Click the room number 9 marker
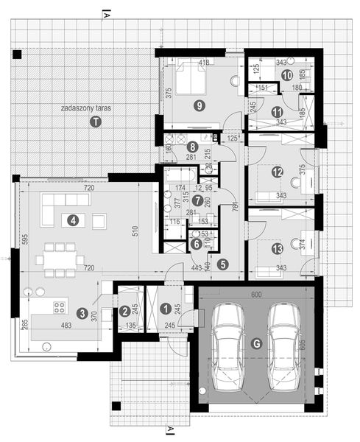pos(200,105)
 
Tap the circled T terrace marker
pos(94,123)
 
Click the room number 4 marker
pos(72,219)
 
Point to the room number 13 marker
pos(277,249)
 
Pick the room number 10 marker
pos(287,75)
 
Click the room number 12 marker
pos(277,172)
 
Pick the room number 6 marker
pos(196,245)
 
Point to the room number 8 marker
pos(191,147)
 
